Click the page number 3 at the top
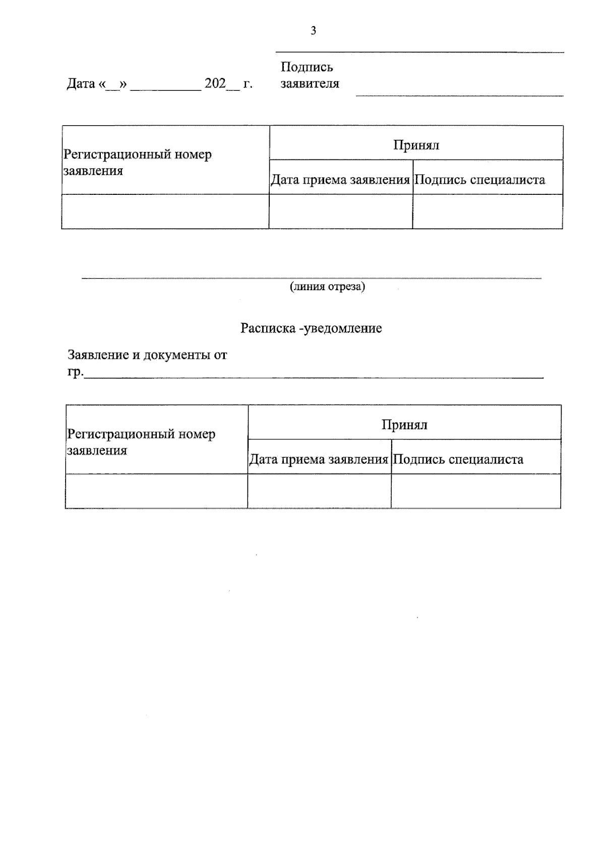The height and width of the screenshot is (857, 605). pos(313,31)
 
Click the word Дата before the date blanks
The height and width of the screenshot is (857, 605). pos(81,84)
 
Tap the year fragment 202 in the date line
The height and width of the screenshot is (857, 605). pos(215,83)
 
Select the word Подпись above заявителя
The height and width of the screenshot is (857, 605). pos(307,67)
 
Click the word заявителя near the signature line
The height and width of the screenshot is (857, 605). pos(310,83)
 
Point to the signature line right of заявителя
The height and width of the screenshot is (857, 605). pos(459,94)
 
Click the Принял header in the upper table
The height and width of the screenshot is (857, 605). pos(416,145)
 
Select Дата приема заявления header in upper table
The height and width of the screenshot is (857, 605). pos(340,180)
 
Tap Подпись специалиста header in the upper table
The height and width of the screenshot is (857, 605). pos(479,180)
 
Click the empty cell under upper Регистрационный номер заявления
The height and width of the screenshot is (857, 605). pos(165,211)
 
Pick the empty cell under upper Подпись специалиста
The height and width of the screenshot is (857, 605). pos(488,211)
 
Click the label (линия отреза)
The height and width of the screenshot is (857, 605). pos(327,287)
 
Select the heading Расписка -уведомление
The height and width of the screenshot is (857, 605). pos(311,329)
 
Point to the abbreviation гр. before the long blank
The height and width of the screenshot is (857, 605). pos(75,372)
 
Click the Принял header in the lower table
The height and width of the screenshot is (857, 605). pos(404,425)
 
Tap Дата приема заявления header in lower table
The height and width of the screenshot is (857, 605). pos(319,459)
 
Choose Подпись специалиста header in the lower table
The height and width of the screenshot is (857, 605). pos(458,459)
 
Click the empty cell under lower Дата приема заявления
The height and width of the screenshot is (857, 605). pos(319,491)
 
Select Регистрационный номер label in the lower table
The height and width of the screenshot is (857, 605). pos(141,434)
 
